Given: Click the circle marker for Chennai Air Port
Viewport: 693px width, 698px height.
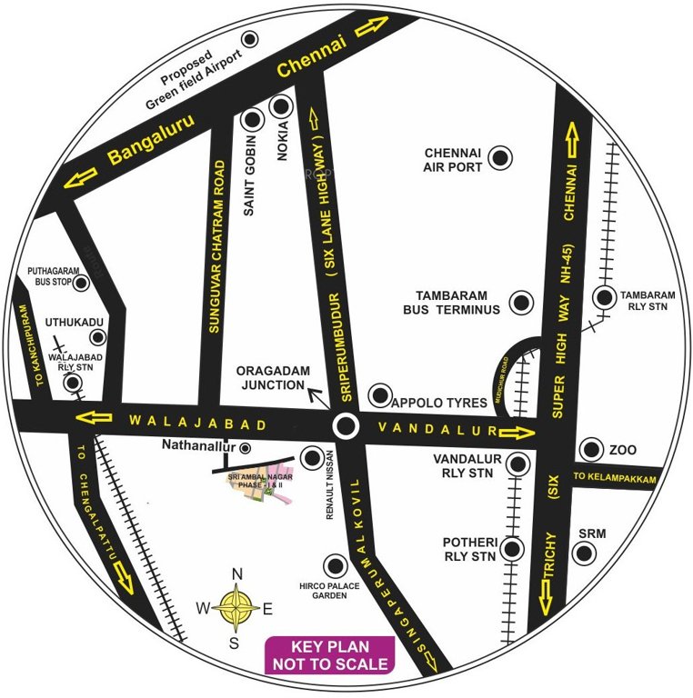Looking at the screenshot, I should [498, 158].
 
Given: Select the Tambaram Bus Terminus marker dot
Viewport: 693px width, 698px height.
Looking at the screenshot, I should [521, 302].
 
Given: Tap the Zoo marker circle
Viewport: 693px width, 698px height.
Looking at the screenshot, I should [592, 449].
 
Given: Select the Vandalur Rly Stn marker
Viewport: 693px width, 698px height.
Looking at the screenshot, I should [518, 464].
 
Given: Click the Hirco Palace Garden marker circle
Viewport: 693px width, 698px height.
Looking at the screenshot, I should [336, 565].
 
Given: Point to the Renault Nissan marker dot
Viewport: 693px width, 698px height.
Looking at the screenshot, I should [312, 457].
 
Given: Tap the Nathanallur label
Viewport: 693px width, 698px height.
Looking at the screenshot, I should [197, 446].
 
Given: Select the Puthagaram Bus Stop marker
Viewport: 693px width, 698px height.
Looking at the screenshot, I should [82, 283].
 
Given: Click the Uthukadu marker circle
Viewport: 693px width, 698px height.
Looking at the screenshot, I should [98, 337].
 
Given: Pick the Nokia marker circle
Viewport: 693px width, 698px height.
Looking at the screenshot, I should [280, 108].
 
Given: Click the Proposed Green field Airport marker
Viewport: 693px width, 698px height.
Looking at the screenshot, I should [249, 38].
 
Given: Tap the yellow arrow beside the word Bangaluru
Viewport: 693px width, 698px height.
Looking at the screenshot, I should [83, 175].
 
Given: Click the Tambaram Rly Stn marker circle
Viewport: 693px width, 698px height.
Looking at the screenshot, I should [604, 297].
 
